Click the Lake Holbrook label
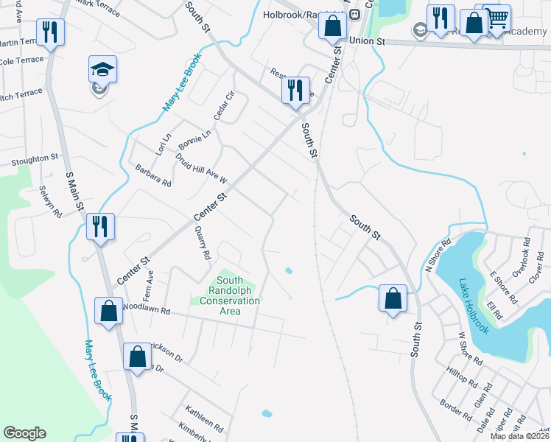click(x=474, y=306)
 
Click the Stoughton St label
click(x=34, y=158)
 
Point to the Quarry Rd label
click(x=203, y=243)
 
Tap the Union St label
click(x=368, y=41)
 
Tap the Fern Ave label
click(x=150, y=276)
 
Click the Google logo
click(x=24, y=433)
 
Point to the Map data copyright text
click(x=519, y=436)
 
